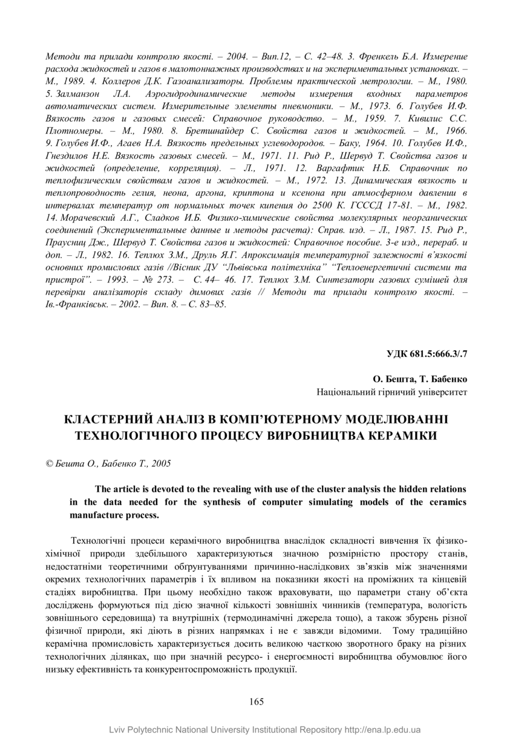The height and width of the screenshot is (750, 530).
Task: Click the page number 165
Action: [x=256, y=702]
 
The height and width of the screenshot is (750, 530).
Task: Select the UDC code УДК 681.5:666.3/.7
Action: [x=427, y=353]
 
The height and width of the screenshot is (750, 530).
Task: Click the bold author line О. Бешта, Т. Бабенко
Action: [x=420, y=379]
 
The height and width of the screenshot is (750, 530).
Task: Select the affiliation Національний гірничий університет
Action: [x=391, y=392]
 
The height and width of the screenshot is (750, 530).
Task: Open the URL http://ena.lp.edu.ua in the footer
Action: [x=382, y=730]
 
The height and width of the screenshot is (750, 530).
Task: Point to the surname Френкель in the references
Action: [x=373, y=56]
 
